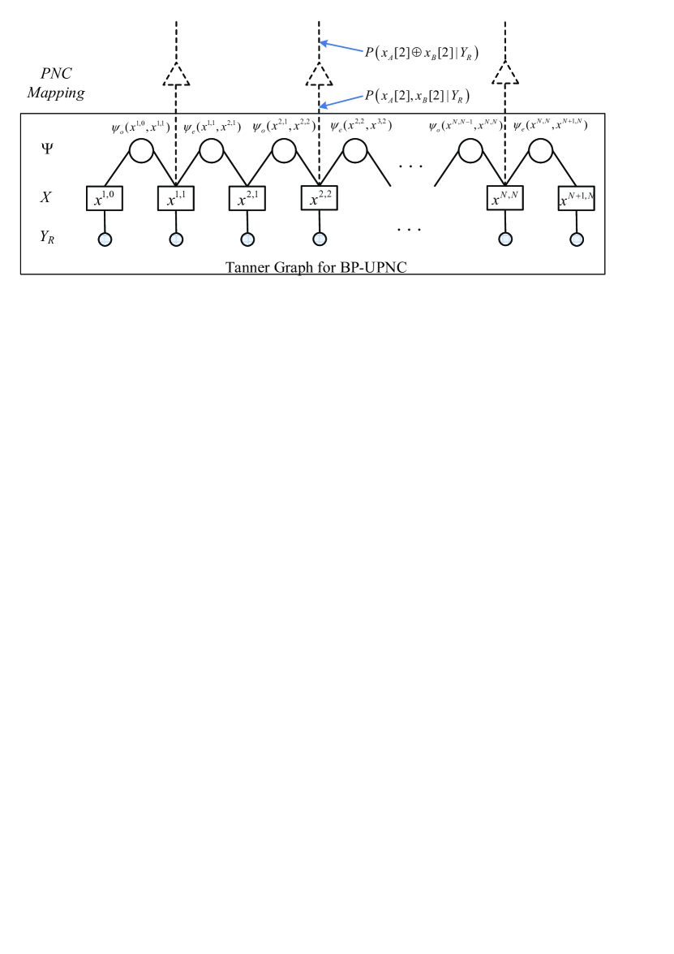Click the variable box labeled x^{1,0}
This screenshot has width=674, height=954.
[104, 197]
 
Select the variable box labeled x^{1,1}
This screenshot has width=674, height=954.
[176, 197]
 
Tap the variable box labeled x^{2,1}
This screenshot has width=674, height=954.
[247, 197]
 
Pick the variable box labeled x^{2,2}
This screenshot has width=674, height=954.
[319, 197]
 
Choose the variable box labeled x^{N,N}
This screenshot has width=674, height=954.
[504, 197]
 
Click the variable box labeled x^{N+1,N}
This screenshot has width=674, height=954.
[577, 197]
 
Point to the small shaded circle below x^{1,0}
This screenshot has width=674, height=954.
[104, 239]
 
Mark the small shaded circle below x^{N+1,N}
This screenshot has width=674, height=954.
[577, 239]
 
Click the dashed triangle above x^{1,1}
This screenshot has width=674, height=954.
[176, 76]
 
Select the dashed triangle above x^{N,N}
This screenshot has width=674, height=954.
[504, 76]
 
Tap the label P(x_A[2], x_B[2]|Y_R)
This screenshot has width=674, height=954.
[419, 97]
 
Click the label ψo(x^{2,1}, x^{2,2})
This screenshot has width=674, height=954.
[284, 127]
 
